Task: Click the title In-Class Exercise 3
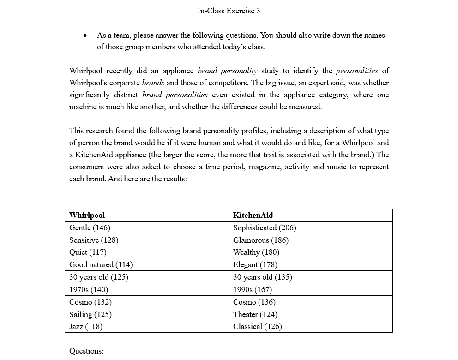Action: pyautogui.click(x=229, y=11)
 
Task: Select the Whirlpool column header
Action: pyautogui.click(x=87, y=215)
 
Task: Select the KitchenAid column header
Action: pyautogui.click(x=253, y=215)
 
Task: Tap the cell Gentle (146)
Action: pyautogui.click(x=90, y=228)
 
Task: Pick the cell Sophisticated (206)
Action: pyautogui.click(x=265, y=228)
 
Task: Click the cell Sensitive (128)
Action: pyautogui.click(x=94, y=240)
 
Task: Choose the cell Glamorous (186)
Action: pyautogui.click(x=261, y=240)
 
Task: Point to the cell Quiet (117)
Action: pyautogui.click(x=88, y=252)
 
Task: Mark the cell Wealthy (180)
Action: pyautogui.click(x=256, y=252)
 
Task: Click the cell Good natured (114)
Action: pyautogui.click(x=101, y=264)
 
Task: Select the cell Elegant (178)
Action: pyautogui.click(x=255, y=264)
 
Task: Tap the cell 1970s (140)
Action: pyautogui.click(x=89, y=289)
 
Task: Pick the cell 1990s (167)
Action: pyautogui.click(x=253, y=289)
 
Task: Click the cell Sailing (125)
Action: pyautogui.click(x=90, y=314)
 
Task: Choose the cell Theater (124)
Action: pyautogui.click(x=255, y=314)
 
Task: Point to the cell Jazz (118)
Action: pyautogui.click(x=86, y=326)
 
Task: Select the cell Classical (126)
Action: pyautogui.click(x=258, y=326)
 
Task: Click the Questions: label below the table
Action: pyautogui.click(x=86, y=351)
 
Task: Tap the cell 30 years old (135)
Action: pyautogui.click(x=263, y=277)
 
